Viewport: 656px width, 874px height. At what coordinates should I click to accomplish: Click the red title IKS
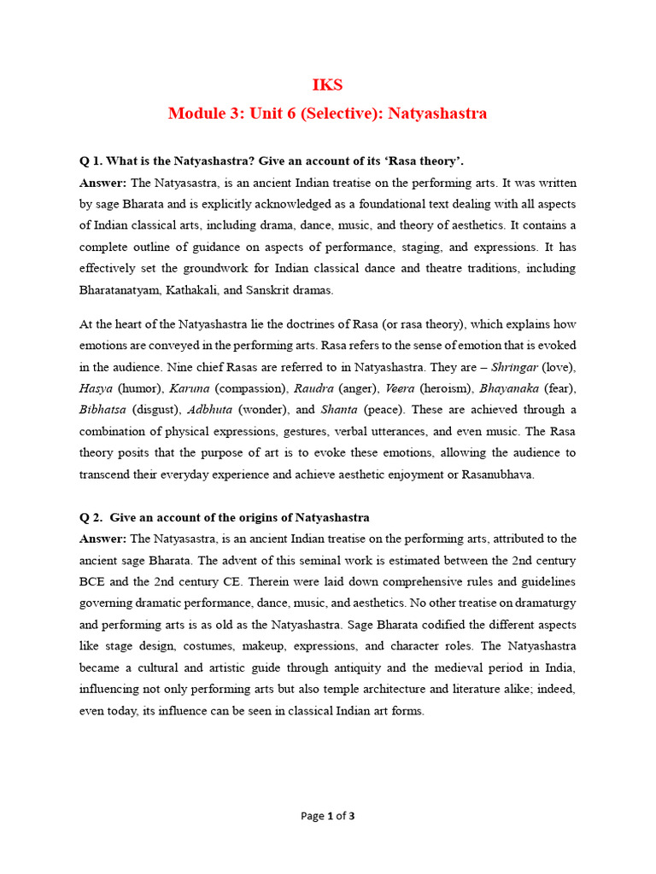(x=328, y=85)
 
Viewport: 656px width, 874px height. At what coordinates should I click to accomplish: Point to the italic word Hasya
(x=97, y=387)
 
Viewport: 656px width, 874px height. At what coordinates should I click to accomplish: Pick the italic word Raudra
(x=313, y=387)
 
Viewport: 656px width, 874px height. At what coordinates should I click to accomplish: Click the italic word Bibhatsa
(x=102, y=409)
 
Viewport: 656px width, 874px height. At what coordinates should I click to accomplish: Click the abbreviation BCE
(x=94, y=581)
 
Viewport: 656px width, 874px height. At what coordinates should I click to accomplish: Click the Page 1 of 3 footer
(x=328, y=816)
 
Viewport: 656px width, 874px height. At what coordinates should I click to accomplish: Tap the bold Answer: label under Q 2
(x=102, y=539)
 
